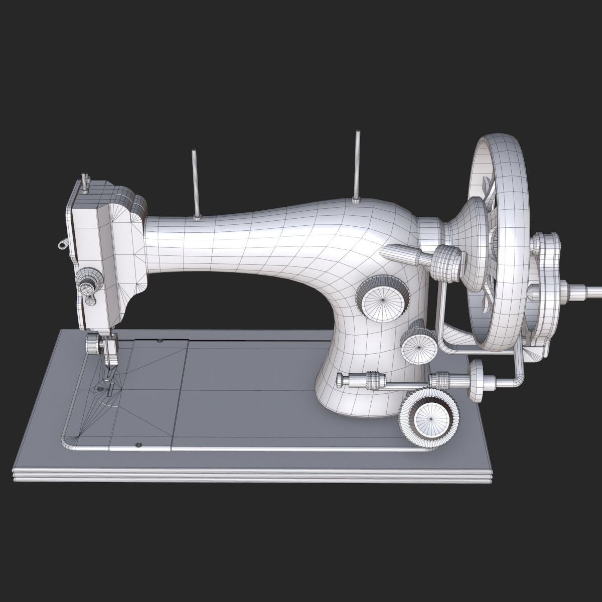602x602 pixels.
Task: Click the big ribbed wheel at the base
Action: pyautogui.click(x=429, y=413)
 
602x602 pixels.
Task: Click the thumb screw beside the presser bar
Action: pyautogui.click(x=92, y=344)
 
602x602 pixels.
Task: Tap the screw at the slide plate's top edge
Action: pyautogui.click(x=160, y=342)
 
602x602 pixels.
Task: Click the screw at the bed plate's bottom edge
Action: pyautogui.click(x=139, y=444)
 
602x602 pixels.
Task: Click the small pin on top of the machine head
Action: pyautogui.click(x=85, y=183)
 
